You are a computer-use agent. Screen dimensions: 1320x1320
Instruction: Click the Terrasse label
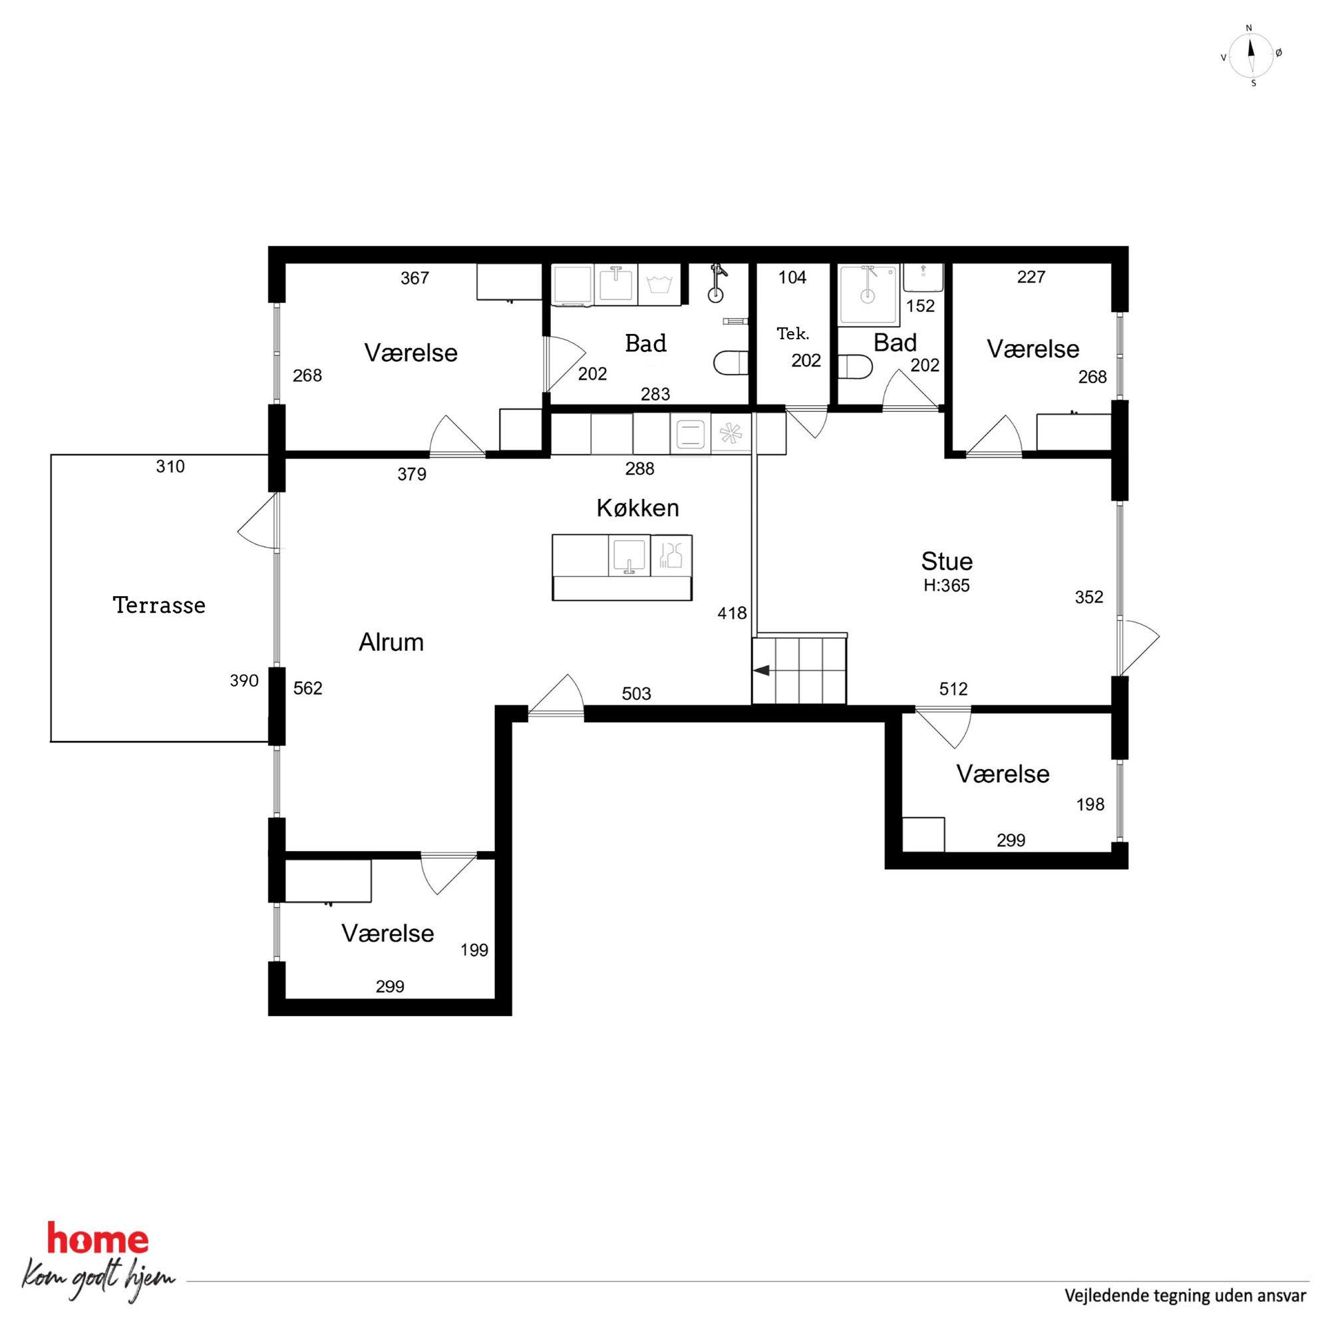(159, 605)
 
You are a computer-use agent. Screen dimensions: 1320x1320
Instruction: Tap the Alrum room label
(391, 642)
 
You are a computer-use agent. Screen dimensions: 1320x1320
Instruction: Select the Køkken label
(637, 508)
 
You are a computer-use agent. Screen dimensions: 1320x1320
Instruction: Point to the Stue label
(946, 561)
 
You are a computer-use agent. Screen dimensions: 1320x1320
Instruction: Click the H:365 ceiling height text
(946, 585)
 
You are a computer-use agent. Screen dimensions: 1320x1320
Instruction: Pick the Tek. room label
(792, 334)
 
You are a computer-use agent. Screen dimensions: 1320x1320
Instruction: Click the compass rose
(1251, 56)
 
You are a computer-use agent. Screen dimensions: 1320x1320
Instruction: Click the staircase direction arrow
(761, 670)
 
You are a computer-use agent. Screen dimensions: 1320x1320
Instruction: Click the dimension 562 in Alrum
(307, 688)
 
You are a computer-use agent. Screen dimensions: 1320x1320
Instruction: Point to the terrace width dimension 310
(170, 466)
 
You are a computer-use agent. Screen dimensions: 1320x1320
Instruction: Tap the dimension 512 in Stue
(953, 689)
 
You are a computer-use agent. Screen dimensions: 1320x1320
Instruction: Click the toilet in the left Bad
(731, 363)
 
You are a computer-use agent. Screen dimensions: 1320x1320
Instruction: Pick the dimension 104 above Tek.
(792, 277)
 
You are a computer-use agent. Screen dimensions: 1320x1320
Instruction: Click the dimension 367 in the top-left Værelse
(414, 278)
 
